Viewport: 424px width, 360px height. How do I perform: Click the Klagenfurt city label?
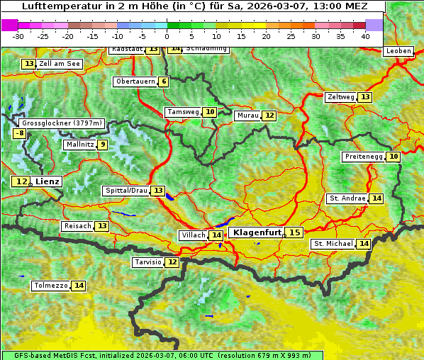click(x=257, y=232)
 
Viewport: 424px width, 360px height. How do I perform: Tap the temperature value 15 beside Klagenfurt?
click(x=294, y=232)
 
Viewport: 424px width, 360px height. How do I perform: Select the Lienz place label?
click(x=48, y=181)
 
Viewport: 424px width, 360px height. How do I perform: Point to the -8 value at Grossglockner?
click(x=20, y=133)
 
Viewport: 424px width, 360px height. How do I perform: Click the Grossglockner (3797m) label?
click(x=62, y=123)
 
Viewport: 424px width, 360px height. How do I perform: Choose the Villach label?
click(x=194, y=235)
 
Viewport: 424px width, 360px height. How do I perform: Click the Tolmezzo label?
click(x=50, y=286)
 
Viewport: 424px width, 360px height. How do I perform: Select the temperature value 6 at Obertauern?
click(x=164, y=81)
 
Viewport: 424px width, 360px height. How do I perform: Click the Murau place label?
click(x=247, y=116)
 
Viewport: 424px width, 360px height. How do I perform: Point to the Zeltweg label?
click(x=340, y=97)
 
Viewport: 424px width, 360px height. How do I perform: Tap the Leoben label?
click(x=398, y=51)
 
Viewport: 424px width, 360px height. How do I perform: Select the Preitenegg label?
click(x=364, y=157)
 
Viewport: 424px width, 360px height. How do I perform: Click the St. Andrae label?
click(x=347, y=198)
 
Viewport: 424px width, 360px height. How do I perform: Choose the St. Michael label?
click(x=333, y=244)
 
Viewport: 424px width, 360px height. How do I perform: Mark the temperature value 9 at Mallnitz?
click(x=103, y=145)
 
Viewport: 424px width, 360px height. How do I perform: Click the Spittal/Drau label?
click(x=126, y=191)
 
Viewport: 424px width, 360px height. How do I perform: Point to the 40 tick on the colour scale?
click(x=365, y=35)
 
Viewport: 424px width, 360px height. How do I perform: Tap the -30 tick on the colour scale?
click(x=18, y=35)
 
